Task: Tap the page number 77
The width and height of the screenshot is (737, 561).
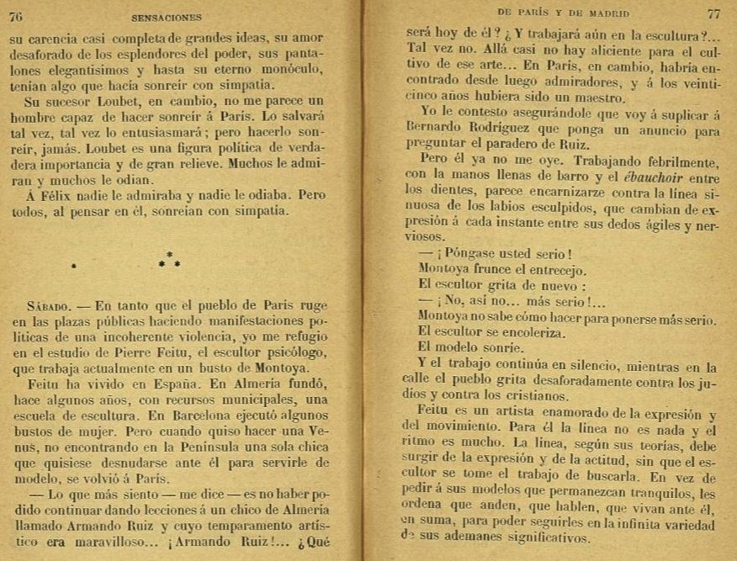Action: pyautogui.click(x=713, y=13)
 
